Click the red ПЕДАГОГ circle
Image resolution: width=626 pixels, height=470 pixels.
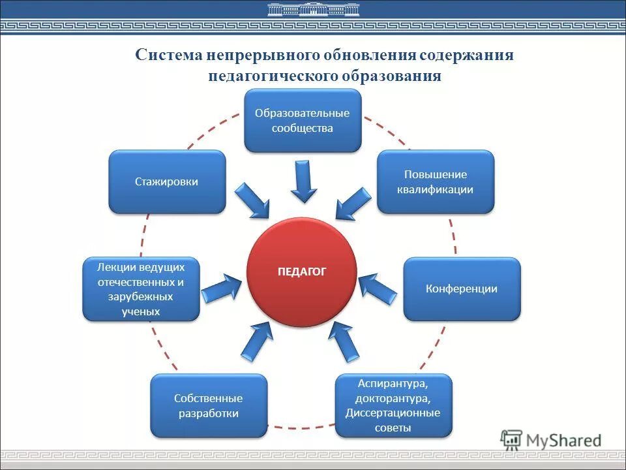coord(301,272)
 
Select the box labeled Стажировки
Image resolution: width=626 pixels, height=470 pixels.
coord(167,181)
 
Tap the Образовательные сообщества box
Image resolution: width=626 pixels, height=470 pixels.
coord(302,121)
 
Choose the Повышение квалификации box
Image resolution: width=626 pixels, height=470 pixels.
coord(436,181)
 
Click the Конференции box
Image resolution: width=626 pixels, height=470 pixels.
coord(462,289)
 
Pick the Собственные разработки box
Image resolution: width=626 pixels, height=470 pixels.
coord(209,405)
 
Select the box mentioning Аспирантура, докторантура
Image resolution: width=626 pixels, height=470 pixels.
coord(393,405)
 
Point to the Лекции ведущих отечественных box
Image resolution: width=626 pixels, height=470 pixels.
coord(141,289)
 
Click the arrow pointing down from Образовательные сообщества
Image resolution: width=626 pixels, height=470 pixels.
coord(304,181)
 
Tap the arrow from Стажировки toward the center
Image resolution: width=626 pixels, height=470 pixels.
coord(252,200)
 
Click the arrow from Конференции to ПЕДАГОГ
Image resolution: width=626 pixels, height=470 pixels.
coord(378,288)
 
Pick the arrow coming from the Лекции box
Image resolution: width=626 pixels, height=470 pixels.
coord(222,288)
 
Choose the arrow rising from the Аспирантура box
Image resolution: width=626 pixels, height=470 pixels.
coord(344,341)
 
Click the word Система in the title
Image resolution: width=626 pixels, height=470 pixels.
coord(168,54)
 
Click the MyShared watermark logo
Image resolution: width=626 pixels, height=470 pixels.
coord(552,440)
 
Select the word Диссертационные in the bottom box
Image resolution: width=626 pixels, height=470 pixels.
coord(393,413)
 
